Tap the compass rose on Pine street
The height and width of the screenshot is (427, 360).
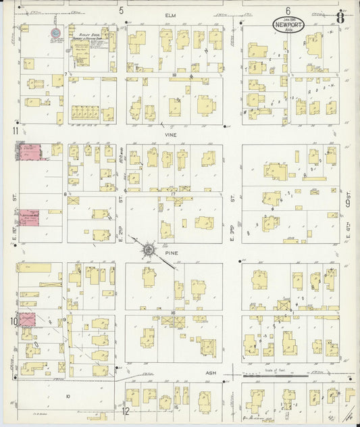pyautogui.click(x=147, y=251)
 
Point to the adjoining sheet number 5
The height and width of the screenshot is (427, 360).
pyautogui.click(x=122, y=10)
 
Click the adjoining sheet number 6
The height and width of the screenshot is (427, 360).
pyautogui.click(x=287, y=10)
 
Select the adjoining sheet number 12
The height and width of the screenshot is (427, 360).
pyautogui.click(x=125, y=410)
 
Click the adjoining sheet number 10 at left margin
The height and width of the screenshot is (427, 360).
pyautogui.click(x=14, y=322)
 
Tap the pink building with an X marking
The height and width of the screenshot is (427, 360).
pyautogui.click(x=28, y=319)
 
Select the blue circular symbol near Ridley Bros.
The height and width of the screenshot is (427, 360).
pyautogui.click(x=55, y=32)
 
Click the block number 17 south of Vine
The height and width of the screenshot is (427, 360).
pyautogui.click(x=174, y=195)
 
